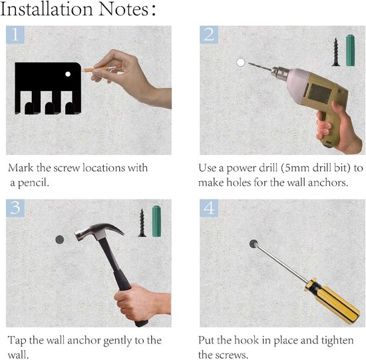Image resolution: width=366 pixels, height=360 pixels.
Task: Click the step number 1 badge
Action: pyautogui.click(x=15, y=35)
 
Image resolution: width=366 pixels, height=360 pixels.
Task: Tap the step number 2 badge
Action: pyautogui.click(x=209, y=35)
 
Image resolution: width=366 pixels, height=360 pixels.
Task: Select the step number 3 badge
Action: pyautogui.click(x=15, y=208)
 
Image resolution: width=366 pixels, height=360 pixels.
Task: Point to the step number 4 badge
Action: pyautogui.click(x=209, y=208)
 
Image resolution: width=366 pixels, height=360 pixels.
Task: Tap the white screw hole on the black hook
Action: pyautogui.click(x=68, y=74)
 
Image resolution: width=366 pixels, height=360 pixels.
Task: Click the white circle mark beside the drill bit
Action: pyautogui.click(x=240, y=63)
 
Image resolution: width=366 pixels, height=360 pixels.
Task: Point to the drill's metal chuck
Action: pyautogui.click(x=279, y=73)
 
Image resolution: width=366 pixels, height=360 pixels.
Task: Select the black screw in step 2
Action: pyautogui.click(x=336, y=52)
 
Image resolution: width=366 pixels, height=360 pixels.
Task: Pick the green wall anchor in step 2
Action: pyautogui.click(x=350, y=50)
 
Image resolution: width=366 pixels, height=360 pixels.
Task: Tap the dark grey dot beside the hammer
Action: pyautogui.click(x=60, y=240)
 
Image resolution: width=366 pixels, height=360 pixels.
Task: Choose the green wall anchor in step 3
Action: pyautogui.click(x=156, y=222)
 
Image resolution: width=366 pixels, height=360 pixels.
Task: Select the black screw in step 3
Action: pyautogui.click(x=142, y=223)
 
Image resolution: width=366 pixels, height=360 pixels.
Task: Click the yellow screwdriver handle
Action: pyautogui.click(x=331, y=301)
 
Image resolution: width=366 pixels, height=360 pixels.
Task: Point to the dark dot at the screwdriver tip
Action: pyautogui.click(x=254, y=244)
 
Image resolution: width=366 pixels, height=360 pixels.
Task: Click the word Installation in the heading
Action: pyautogui.click(x=47, y=9)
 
